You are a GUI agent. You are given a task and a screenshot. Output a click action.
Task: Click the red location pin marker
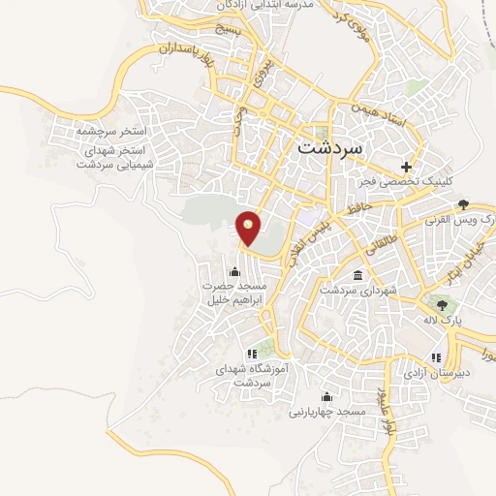tap(249, 228)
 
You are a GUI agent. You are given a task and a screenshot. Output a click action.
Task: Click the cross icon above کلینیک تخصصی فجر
tap(406, 166)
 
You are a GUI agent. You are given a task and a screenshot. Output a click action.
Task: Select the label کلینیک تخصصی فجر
tap(407, 181)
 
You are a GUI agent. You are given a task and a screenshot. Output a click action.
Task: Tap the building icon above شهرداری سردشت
tap(358, 275)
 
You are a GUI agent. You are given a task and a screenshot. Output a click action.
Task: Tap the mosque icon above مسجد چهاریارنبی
tap(326, 396)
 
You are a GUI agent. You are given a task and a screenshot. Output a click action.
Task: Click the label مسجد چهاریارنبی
tap(326, 412)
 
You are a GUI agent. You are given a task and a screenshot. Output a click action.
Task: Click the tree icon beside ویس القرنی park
tap(464, 203)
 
